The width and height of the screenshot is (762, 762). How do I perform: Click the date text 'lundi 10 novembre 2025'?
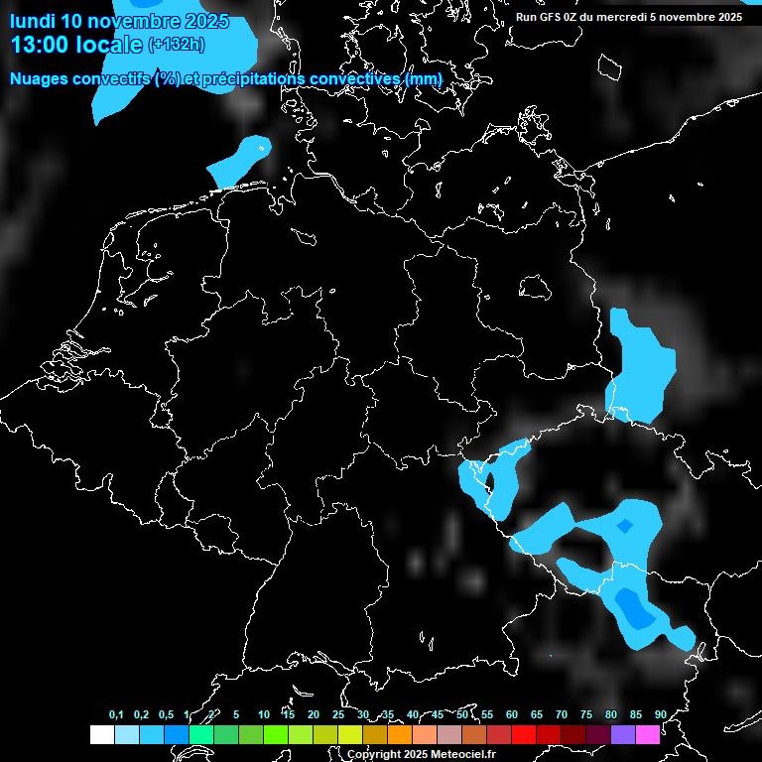click(119, 21)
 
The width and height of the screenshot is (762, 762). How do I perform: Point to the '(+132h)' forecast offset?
click(177, 45)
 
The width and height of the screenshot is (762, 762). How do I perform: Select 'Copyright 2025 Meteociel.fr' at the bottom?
click(421, 754)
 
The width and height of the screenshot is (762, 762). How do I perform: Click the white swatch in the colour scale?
click(101, 734)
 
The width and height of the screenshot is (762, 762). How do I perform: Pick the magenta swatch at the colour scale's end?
click(648, 734)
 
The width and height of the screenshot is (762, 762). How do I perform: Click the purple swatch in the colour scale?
click(623, 734)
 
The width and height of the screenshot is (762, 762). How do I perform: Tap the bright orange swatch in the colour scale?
click(400, 734)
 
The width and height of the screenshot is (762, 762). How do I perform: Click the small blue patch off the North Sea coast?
click(239, 160)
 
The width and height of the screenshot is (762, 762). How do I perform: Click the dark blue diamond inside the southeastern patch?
click(625, 526)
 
